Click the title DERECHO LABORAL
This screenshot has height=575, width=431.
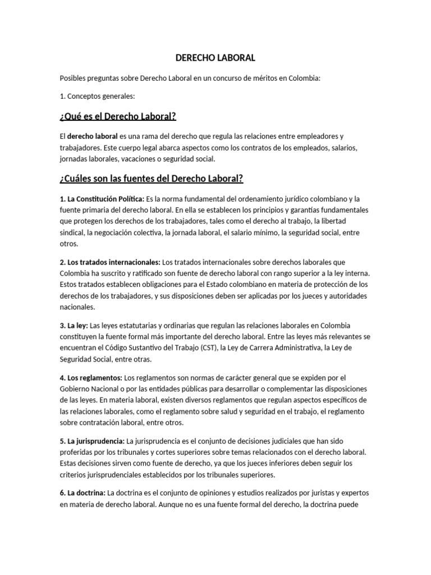tap(215, 58)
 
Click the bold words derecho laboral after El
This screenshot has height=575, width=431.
tap(93, 136)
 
